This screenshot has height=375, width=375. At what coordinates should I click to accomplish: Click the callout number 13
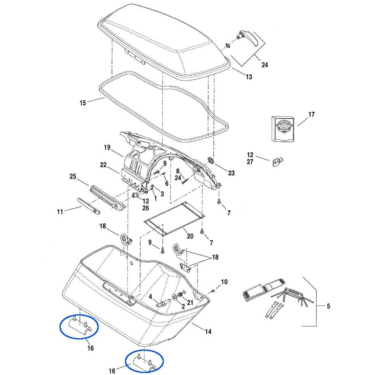(249, 77)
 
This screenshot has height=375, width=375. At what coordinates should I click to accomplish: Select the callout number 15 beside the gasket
(83, 103)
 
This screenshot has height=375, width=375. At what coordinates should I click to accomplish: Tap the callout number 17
(311, 114)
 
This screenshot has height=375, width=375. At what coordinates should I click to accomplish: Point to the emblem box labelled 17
(283, 129)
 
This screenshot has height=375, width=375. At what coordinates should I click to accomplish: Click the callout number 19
(107, 147)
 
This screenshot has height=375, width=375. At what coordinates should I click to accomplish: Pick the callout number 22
(103, 165)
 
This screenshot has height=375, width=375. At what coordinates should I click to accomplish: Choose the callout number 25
(73, 176)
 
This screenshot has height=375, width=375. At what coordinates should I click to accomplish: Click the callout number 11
(60, 212)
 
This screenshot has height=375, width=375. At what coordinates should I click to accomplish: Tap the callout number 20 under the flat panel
(190, 236)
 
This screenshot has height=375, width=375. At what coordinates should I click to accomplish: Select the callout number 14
(208, 331)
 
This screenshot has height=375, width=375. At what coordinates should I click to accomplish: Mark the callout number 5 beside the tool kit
(328, 306)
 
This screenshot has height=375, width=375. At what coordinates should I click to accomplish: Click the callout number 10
(224, 282)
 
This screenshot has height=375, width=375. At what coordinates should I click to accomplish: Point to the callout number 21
(190, 303)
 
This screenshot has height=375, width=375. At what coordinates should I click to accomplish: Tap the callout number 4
(150, 297)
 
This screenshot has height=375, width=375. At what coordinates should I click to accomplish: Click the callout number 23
(231, 173)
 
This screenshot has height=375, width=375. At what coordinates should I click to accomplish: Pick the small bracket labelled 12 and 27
(278, 162)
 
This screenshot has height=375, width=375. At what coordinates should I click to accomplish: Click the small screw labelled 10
(213, 291)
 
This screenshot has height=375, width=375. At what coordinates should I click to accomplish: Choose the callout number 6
(167, 183)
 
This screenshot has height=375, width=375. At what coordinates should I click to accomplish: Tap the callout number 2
(183, 307)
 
